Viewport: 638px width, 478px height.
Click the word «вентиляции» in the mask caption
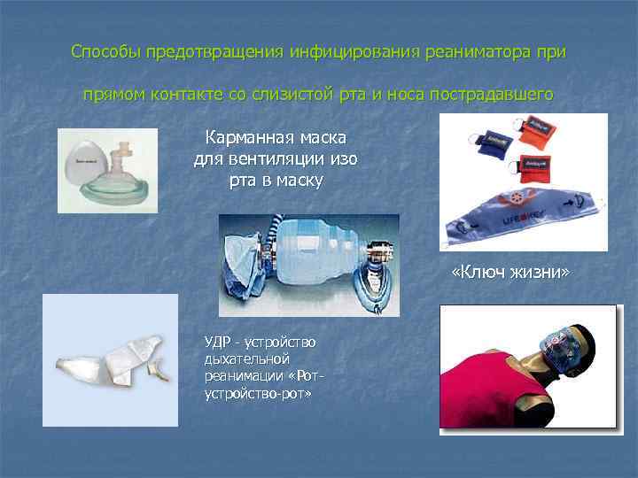coord(286,160)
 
